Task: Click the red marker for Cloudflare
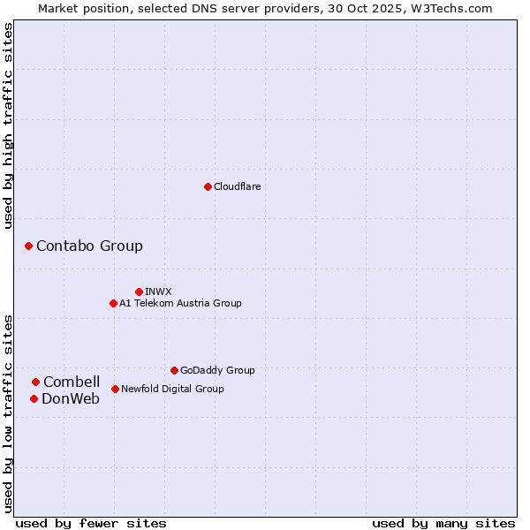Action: [x=208, y=186]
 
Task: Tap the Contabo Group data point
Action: [x=28, y=246]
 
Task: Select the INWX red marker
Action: [x=139, y=291]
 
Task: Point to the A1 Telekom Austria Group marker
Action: [x=113, y=303]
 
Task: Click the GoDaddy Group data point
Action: [x=174, y=370]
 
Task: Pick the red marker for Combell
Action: [x=35, y=382]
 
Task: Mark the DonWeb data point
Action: [x=34, y=398]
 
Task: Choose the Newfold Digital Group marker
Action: [x=115, y=389]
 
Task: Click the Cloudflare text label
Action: [x=237, y=186]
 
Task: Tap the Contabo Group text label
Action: [x=89, y=246]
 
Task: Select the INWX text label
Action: [x=158, y=291]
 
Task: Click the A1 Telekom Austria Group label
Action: [x=180, y=303]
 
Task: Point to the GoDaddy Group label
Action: [x=217, y=370]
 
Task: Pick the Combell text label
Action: [x=72, y=382]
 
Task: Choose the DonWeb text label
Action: [x=71, y=398]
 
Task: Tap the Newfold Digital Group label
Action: [x=172, y=389]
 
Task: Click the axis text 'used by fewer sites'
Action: [x=91, y=523]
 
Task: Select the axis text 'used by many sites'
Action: [x=443, y=523]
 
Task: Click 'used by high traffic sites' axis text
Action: [x=8, y=126]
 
